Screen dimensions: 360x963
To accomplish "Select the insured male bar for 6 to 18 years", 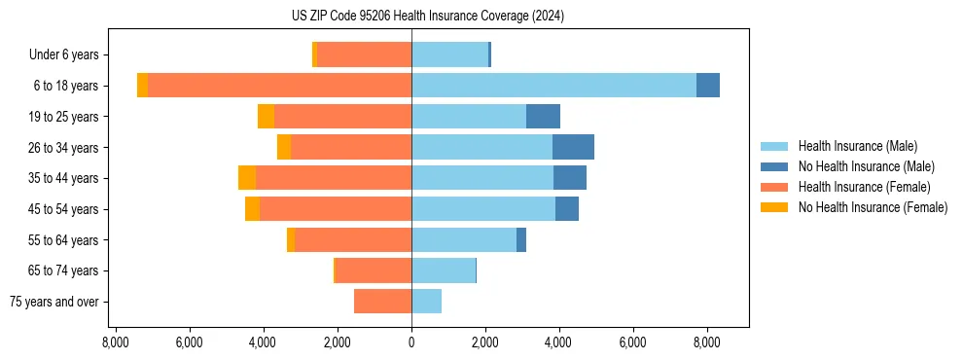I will (x=553, y=86).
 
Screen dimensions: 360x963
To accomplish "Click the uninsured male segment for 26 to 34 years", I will (x=573, y=147).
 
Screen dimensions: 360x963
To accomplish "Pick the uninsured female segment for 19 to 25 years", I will (x=266, y=117).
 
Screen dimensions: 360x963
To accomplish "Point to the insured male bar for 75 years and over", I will (x=426, y=302).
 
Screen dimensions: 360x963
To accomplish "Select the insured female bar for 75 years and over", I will (x=382, y=302).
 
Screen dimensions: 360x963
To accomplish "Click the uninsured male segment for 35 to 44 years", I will (x=570, y=178).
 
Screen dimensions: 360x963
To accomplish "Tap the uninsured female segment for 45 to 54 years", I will (x=252, y=209).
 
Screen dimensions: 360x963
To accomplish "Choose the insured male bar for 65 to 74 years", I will (x=444, y=270).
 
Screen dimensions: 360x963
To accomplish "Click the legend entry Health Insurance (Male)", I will (x=857, y=146).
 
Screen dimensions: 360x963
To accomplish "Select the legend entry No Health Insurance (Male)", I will (x=866, y=166).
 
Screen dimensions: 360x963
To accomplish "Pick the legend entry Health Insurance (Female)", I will (x=864, y=187).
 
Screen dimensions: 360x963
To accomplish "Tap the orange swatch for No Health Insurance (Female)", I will (x=774, y=207).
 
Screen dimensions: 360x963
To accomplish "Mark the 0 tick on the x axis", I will (x=411, y=342).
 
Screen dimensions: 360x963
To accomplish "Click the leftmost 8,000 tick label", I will (x=115, y=342).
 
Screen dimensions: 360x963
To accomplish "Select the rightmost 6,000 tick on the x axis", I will (x=632, y=342).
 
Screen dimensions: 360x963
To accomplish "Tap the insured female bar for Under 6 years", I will (x=364, y=54).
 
